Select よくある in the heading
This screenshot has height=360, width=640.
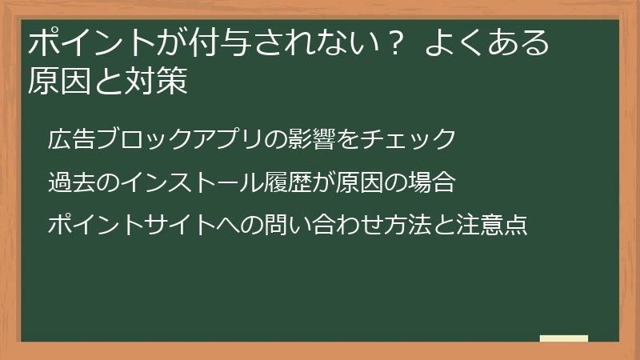tap(488, 42)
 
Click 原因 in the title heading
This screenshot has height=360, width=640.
tap(68, 82)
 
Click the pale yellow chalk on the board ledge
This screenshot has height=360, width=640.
tap(564, 338)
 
